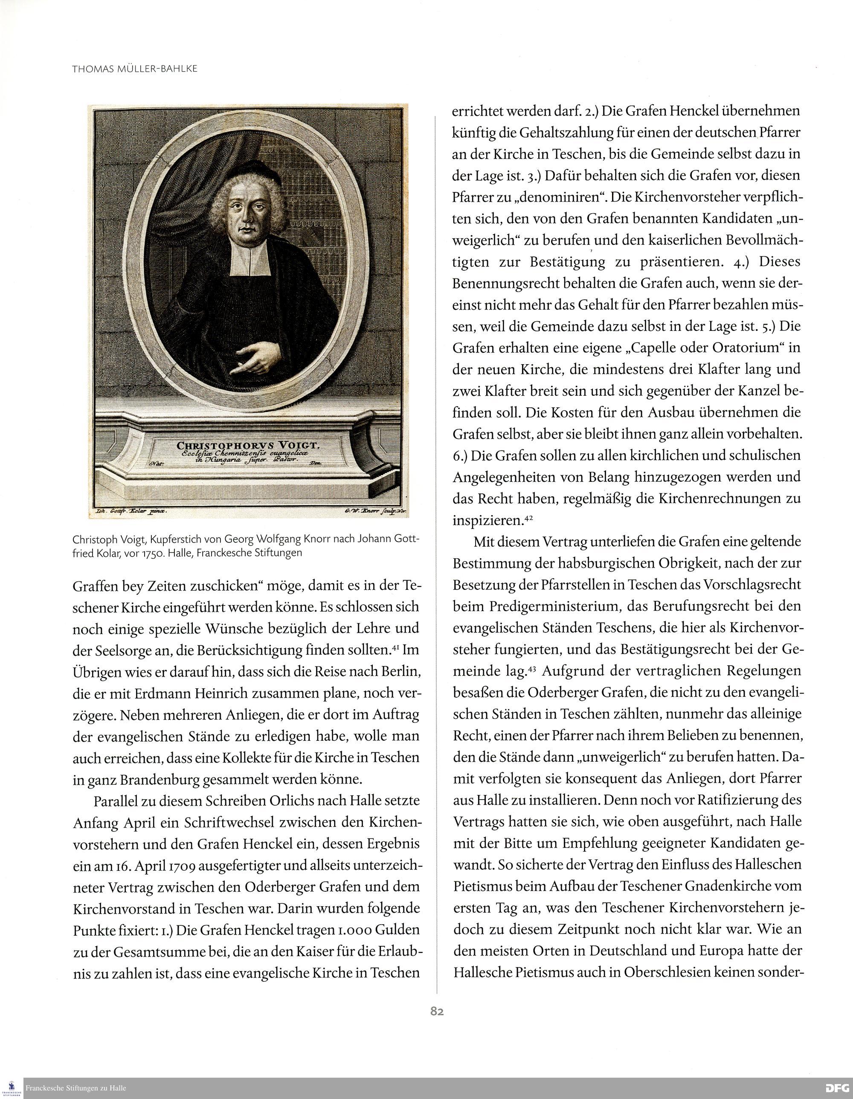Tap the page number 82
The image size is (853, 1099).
click(x=437, y=1012)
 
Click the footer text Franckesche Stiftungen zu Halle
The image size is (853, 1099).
click(x=75, y=1088)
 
